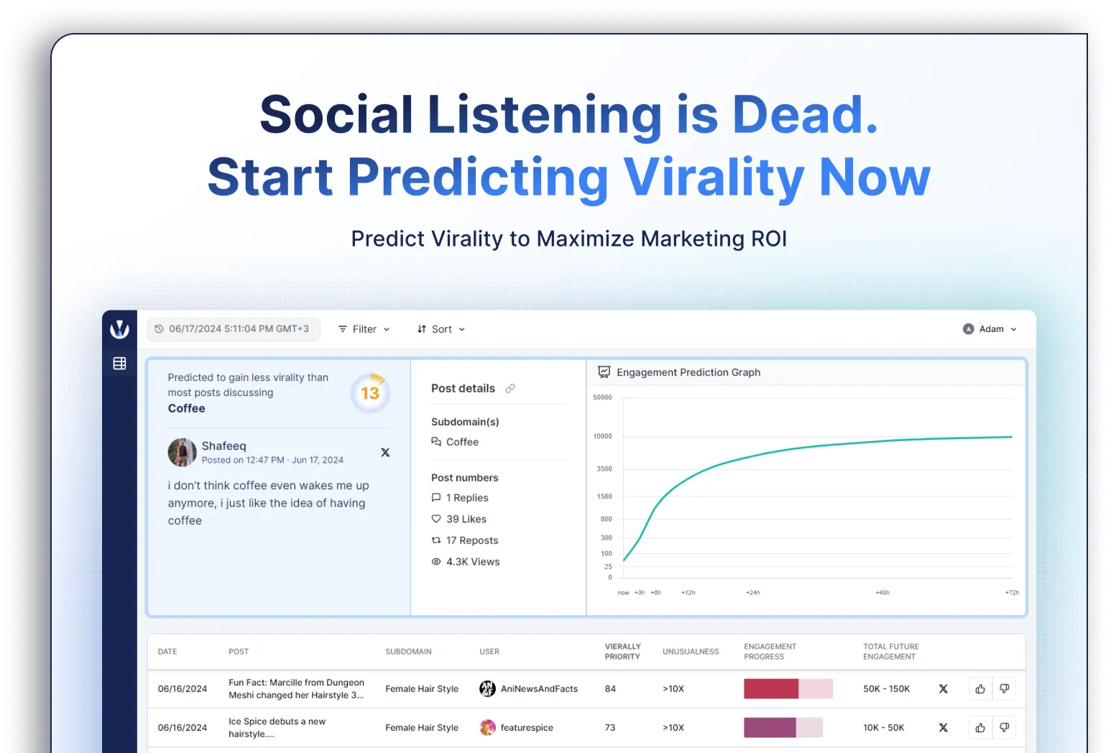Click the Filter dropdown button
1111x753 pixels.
tap(364, 329)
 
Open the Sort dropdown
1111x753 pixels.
tap(441, 329)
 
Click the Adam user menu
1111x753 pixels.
tap(990, 329)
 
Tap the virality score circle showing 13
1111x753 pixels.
tap(370, 393)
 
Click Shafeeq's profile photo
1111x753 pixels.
tap(182, 452)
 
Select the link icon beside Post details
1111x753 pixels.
tap(510, 389)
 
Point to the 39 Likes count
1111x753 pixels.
tap(458, 519)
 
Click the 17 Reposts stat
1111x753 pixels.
tap(465, 540)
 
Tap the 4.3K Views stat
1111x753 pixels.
tap(465, 562)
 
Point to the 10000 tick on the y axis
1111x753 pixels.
tap(603, 436)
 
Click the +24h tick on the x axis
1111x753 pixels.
tap(752, 592)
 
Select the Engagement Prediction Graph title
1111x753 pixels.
tap(688, 372)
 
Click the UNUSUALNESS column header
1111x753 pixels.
tap(691, 651)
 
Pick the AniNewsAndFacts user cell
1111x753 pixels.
tap(529, 688)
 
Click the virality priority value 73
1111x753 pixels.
tap(610, 727)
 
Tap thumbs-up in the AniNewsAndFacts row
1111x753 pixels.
tap(980, 688)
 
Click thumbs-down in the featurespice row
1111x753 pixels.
tap(1005, 727)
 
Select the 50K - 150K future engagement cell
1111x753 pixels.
tap(886, 688)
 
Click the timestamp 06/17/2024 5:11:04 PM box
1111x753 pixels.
tap(233, 329)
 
